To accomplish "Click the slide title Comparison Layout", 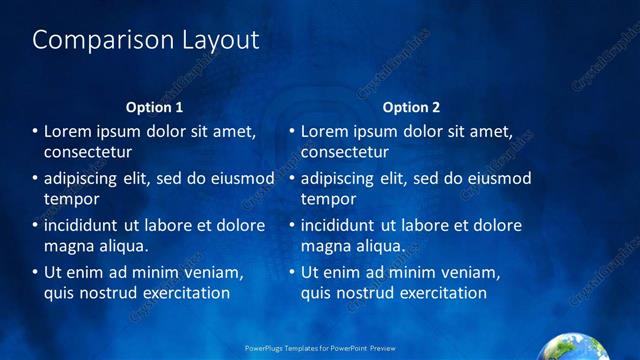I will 146,40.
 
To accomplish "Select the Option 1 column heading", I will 154,107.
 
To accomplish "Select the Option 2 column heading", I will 411,107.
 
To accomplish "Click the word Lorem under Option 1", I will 71,131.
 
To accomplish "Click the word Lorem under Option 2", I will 328,131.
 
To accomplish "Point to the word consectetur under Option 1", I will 88,153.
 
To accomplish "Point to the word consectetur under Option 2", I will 345,153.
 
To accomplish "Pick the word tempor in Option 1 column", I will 70,199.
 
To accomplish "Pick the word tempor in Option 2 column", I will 327,199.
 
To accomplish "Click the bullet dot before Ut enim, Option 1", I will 35,272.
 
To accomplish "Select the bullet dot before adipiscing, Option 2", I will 292,179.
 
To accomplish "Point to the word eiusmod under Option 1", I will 240,178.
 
